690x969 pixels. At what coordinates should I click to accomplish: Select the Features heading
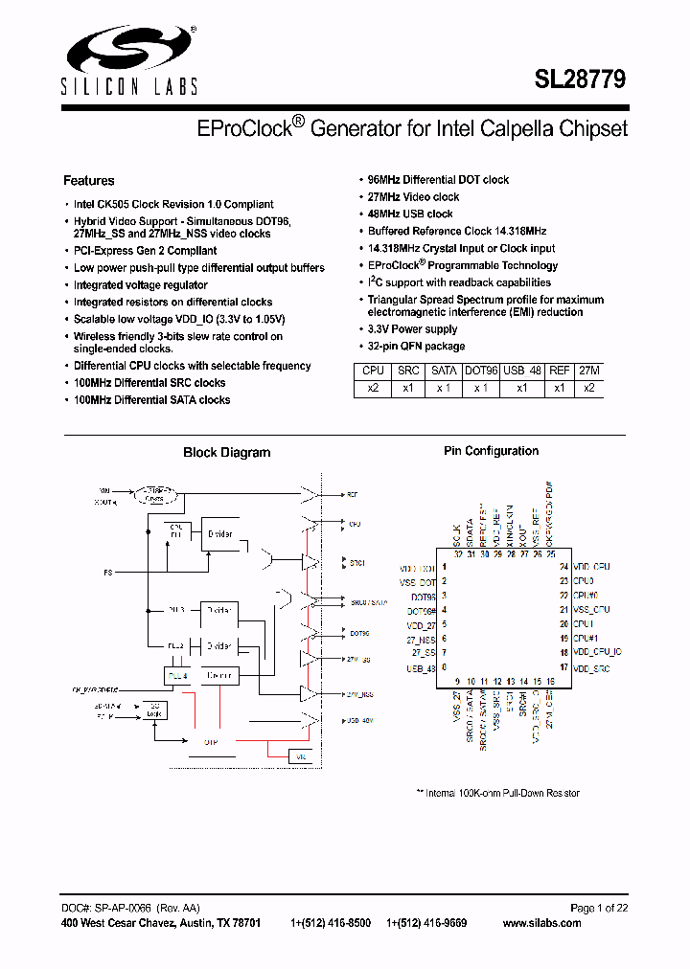tap(88, 181)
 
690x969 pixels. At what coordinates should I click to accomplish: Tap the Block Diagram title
tap(226, 453)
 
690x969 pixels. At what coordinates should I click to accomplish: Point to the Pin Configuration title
tap(491, 451)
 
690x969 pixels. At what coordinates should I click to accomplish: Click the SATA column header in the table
tap(444, 371)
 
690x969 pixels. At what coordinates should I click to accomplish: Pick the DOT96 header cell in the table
tap(481, 371)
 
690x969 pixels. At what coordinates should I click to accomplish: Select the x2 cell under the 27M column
tap(589, 388)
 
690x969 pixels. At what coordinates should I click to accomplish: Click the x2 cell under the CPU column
tap(373, 388)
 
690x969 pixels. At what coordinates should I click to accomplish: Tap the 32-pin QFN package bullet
tap(417, 347)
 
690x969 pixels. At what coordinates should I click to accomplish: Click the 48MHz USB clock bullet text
tap(410, 214)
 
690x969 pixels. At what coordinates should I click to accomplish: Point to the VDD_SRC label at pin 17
tap(591, 668)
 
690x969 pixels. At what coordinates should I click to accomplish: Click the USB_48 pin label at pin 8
tap(421, 668)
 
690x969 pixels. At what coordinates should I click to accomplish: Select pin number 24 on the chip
tap(564, 567)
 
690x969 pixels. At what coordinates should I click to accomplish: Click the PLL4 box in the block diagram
tap(178, 676)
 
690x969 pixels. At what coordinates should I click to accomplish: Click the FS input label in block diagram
tap(108, 573)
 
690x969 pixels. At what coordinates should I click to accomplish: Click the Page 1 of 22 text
tap(599, 908)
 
